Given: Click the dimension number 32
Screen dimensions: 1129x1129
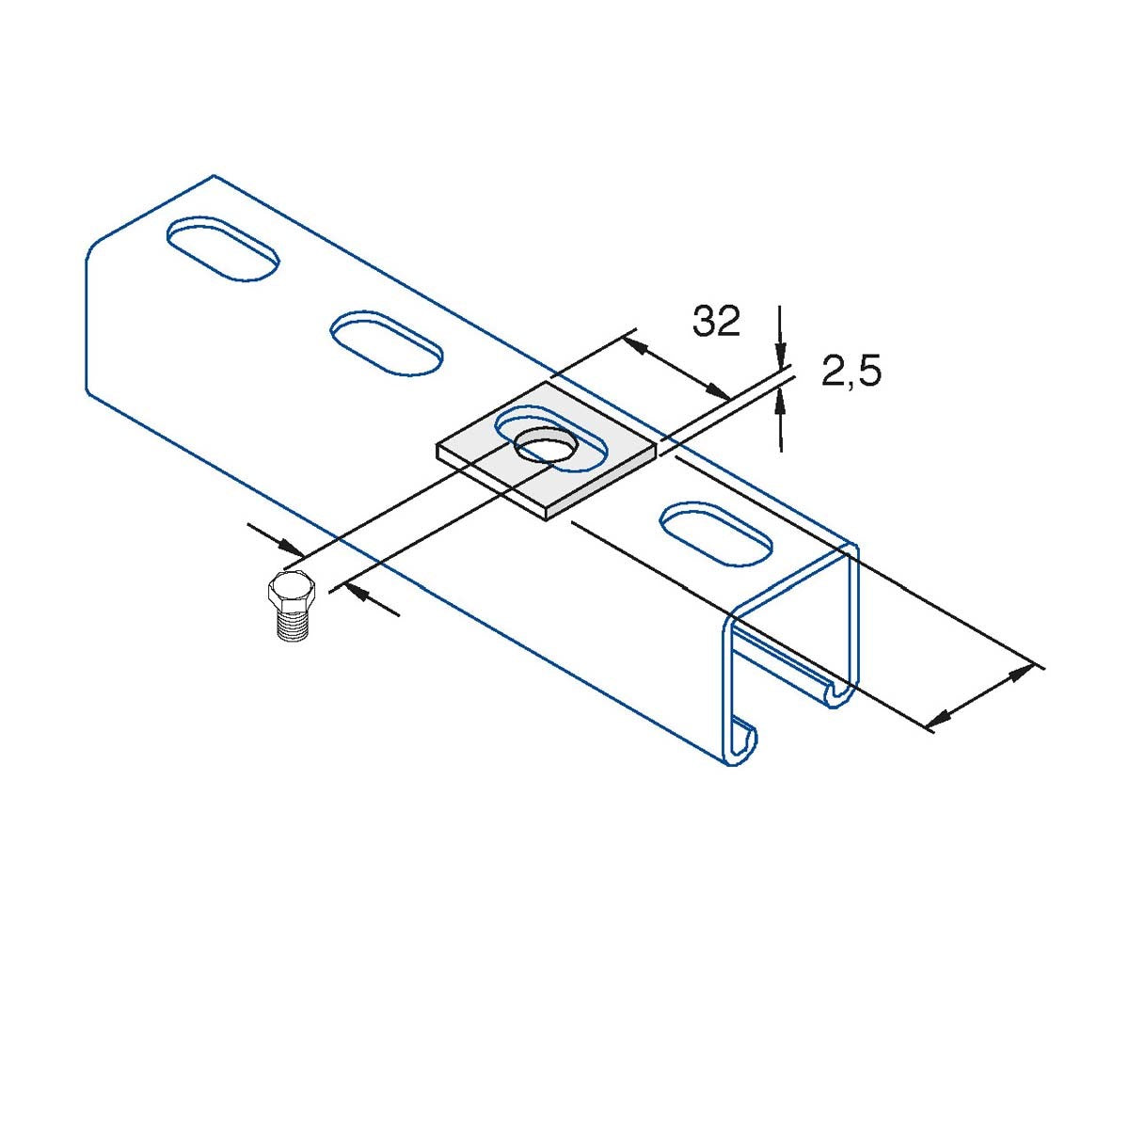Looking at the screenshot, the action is [x=716, y=322].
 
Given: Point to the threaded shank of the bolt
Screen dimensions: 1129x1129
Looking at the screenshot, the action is [x=290, y=625].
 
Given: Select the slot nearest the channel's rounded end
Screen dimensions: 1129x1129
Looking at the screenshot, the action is [x=223, y=247].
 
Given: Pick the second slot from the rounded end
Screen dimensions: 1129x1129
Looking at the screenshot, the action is [x=387, y=344].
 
